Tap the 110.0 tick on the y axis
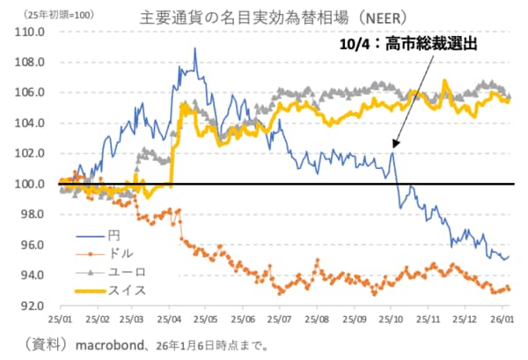33,32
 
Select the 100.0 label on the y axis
33,184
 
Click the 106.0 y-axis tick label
33,92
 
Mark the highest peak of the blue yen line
194,48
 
